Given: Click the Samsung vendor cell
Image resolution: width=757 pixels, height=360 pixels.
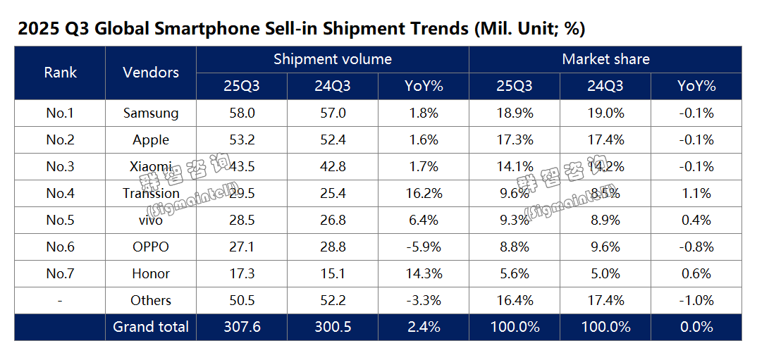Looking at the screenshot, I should (150, 113).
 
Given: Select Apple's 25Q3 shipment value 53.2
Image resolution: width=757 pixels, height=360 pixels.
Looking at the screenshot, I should (241, 139).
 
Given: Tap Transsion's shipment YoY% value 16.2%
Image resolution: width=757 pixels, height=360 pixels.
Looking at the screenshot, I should (423, 193).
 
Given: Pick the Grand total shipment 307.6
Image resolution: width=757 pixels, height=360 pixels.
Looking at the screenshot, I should (241, 327).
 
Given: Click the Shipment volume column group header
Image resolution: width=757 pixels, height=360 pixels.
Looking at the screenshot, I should (332, 59).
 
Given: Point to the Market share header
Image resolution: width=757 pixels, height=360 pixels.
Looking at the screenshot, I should (605, 59).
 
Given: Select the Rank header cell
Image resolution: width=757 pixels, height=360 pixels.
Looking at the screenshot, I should (60, 72).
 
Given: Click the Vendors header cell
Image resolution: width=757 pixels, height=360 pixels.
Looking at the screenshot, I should (150, 72).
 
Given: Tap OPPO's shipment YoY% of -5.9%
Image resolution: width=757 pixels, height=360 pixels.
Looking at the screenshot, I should (423, 247).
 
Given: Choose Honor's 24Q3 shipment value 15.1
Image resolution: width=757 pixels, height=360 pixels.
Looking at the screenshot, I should (332, 273).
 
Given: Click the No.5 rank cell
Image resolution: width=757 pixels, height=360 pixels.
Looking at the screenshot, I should (60, 220).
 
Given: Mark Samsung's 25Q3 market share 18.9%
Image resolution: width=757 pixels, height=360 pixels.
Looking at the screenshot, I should (514, 113).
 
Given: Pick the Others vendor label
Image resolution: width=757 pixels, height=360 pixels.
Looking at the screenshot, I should (150, 300).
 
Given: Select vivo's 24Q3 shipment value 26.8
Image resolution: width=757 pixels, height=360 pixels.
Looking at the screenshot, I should (332, 220).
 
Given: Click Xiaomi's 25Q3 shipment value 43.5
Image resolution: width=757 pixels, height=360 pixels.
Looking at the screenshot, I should (241, 166).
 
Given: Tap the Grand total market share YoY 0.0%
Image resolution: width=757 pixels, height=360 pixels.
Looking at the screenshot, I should (696, 327).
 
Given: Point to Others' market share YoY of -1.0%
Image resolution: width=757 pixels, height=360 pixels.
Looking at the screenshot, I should (696, 300).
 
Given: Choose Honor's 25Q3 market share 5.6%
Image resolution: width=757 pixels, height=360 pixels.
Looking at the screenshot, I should (514, 273).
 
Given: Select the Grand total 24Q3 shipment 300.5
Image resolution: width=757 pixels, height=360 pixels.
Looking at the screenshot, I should (332, 327).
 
